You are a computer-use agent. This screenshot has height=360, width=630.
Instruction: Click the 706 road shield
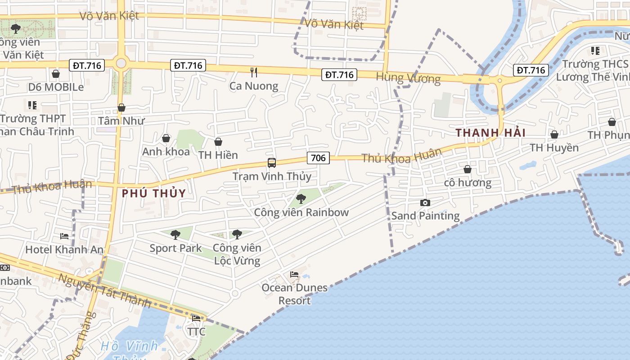point(318,158)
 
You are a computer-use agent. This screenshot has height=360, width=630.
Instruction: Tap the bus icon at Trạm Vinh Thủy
point(271,163)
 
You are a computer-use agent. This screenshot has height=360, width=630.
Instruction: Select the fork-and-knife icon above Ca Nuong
point(254,72)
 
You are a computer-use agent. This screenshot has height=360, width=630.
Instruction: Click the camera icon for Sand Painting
point(425,203)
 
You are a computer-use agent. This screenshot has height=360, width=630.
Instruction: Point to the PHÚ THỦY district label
point(154,193)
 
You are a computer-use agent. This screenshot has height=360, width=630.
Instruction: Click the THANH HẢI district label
point(490,133)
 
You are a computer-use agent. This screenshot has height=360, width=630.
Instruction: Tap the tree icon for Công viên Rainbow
point(301,198)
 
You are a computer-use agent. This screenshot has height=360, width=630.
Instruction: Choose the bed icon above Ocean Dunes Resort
point(294,274)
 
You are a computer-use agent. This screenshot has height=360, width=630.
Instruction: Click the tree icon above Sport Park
point(175,234)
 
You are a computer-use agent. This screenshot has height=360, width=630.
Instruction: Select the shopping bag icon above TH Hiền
point(218,142)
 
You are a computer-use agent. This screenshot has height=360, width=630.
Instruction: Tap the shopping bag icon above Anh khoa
point(166,139)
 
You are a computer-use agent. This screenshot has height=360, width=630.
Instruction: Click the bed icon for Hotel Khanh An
point(64,236)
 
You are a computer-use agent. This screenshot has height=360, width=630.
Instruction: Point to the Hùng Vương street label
point(408,78)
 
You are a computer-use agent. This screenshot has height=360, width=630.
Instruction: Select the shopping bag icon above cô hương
point(468,170)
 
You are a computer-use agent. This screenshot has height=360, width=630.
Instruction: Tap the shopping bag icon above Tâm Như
point(121,108)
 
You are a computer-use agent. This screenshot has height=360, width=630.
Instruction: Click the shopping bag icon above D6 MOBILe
point(56,74)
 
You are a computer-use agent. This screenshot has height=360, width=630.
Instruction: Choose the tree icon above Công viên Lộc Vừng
point(237,234)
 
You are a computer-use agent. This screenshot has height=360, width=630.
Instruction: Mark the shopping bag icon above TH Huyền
point(554,135)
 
